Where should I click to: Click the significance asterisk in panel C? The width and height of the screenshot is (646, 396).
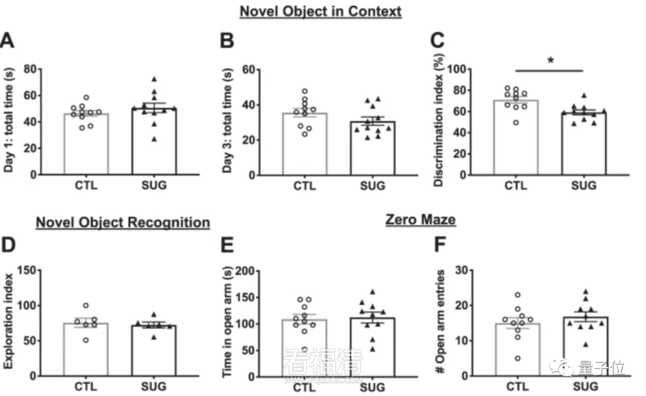(x=551, y=61)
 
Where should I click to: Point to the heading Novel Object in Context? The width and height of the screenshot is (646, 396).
(x=320, y=11)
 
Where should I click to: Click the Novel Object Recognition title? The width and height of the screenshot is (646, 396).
(x=123, y=223)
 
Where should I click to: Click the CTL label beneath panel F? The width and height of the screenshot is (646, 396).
(x=517, y=386)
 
